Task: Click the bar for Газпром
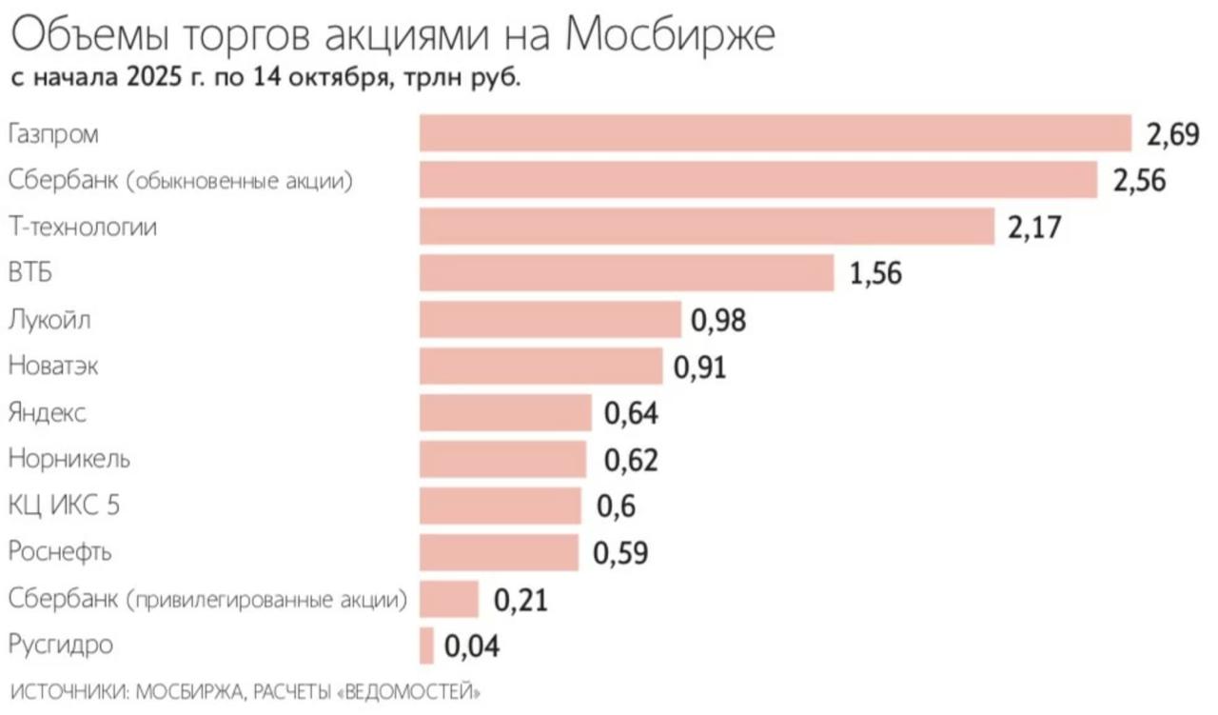[x=775, y=134]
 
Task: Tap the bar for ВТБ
[x=626, y=273]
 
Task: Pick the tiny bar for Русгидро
[x=426, y=645]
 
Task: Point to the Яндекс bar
[x=505, y=413]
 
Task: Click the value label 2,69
[x=1173, y=135]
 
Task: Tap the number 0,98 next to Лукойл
[x=718, y=321]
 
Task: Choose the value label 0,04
[x=472, y=646]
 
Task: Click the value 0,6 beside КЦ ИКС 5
[x=616, y=506]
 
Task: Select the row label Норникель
[x=69, y=460]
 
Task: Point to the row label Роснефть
[x=60, y=552]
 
